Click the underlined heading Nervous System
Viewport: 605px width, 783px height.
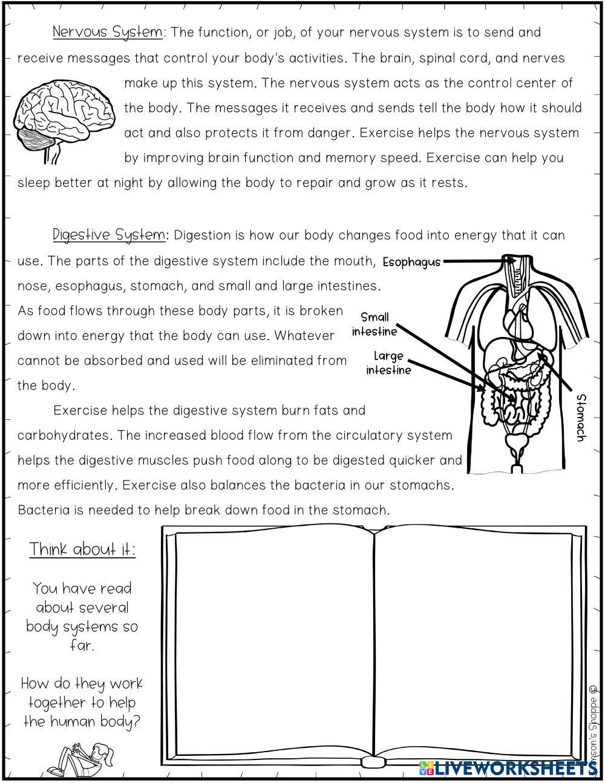coord(107,32)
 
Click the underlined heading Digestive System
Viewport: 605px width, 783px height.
coord(108,235)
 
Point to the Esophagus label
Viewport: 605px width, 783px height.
coord(411,263)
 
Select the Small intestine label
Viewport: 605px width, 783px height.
coord(374,324)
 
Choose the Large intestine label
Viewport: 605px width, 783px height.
coord(388,363)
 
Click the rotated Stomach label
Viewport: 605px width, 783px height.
coord(581,418)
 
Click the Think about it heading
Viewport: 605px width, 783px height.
coord(83,549)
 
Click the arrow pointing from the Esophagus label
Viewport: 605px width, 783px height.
coord(475,261)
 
